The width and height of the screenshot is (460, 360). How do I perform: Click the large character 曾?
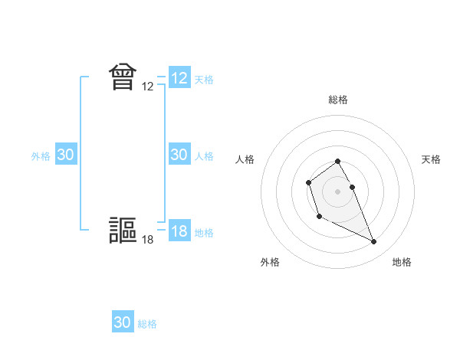(x=123, y=77)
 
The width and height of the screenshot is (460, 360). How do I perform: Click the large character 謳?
(x=123, y=231)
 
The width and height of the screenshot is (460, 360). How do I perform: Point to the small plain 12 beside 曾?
(x=148, y=87)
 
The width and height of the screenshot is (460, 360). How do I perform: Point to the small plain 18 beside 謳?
(x=148, y=241)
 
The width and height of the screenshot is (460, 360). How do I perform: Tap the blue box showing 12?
(x=179, y=78)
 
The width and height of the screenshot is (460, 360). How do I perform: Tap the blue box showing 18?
(x=179, y=231)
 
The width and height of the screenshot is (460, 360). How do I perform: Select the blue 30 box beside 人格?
(x=179, y=155)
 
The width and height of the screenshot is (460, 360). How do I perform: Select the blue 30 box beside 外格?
(x=66, y=155)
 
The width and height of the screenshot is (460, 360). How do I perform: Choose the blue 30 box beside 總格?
(x=123, y=322)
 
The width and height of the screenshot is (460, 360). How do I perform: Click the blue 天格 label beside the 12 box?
(x=204, y=79)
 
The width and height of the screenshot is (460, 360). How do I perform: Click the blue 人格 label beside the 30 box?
(x=204, y=156)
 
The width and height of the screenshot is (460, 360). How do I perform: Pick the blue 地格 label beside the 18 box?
(x=204, y=233)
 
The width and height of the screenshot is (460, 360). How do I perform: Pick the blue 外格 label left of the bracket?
(x=41, y=156)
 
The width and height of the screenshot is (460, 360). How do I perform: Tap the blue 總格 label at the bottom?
(x=147, y=324)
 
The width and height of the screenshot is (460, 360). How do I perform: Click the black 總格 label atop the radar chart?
(x=338, y=100)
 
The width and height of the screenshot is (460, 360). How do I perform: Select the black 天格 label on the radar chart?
(x=432, y=159)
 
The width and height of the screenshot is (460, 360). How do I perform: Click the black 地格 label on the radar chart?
(x=402, y=262)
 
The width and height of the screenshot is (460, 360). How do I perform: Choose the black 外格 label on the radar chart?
(x=270, y=262)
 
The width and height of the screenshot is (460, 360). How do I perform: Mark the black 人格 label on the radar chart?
(x=245, y=159)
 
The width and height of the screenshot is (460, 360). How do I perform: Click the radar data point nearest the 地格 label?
(x=373, y=242)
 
